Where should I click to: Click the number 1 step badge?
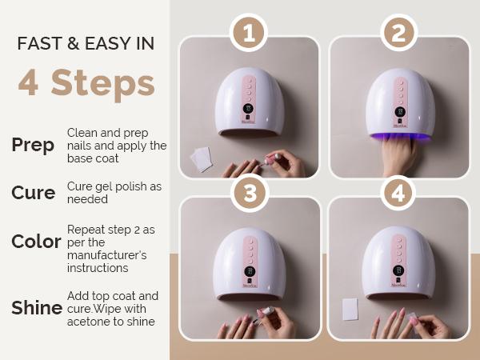point(248,33)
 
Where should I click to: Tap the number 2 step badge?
point(398,33)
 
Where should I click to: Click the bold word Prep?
point(33,145)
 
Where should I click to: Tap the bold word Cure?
point(33,193)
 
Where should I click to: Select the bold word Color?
point(36,241)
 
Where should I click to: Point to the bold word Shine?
point(37,307)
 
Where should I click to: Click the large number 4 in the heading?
point(29,84)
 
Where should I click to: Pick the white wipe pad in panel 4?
point(349,309)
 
